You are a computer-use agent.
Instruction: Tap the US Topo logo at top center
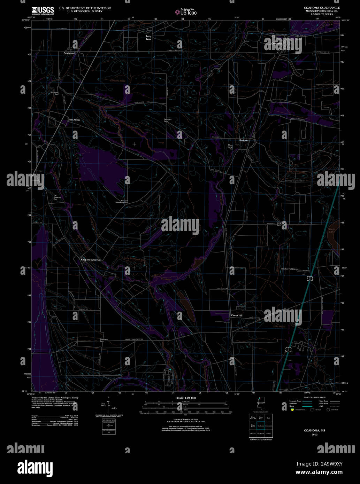point(186,12)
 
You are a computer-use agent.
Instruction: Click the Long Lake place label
point(149,38)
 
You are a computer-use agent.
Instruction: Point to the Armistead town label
point(69,53)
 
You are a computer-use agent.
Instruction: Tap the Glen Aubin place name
point(74,120)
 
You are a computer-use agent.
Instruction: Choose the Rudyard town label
point(244,140)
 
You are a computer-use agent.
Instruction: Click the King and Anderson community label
point(91,260)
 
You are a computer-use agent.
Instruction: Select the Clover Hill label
point(237,315)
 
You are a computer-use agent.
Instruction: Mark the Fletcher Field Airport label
point(290,269)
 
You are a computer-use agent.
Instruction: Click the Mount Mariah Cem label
point(230,147)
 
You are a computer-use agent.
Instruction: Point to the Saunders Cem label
point(168,120)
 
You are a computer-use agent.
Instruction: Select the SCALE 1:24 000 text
point(186,398)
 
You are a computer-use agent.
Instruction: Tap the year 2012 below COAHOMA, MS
point(315,435)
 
